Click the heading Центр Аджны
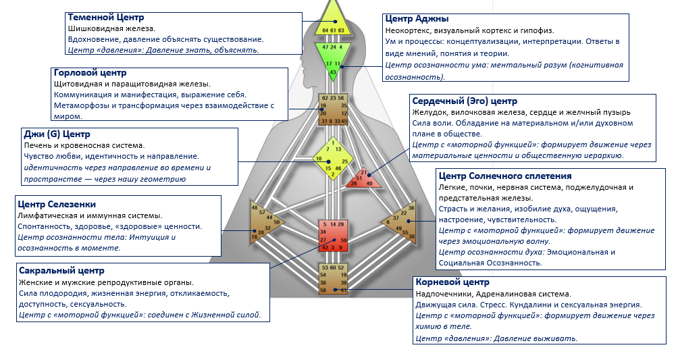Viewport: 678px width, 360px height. pyautogui.click(x=416, y=19)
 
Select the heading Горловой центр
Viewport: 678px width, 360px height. pyautogui.click(x=90, y=72)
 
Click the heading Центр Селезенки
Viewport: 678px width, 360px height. pyautogui.click(x=56, y=204)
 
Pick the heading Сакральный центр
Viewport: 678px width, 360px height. pyautogui.click(x=61, y=271)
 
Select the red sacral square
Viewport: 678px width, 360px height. pyautogui.click(x=333, y=234)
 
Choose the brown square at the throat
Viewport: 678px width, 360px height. pyautogui.click(x=333, y=110)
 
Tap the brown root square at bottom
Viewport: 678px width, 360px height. pyautogui.click(x=333, y=279)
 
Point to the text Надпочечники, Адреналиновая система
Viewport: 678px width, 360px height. pyautogui.click(x=493, y=294)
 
